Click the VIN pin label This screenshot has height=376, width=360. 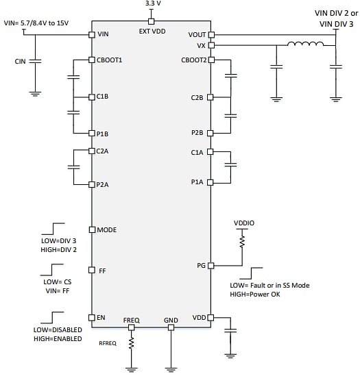point(104,34)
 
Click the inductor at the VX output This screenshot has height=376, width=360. point(307,46)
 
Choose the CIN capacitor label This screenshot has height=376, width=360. point(20,62)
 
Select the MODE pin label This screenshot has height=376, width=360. point(108,229)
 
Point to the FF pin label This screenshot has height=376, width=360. point(102,271)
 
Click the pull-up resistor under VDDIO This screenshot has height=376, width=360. point(242,242)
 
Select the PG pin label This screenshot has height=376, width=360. point(201,265)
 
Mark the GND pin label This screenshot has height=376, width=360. point(171,321)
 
